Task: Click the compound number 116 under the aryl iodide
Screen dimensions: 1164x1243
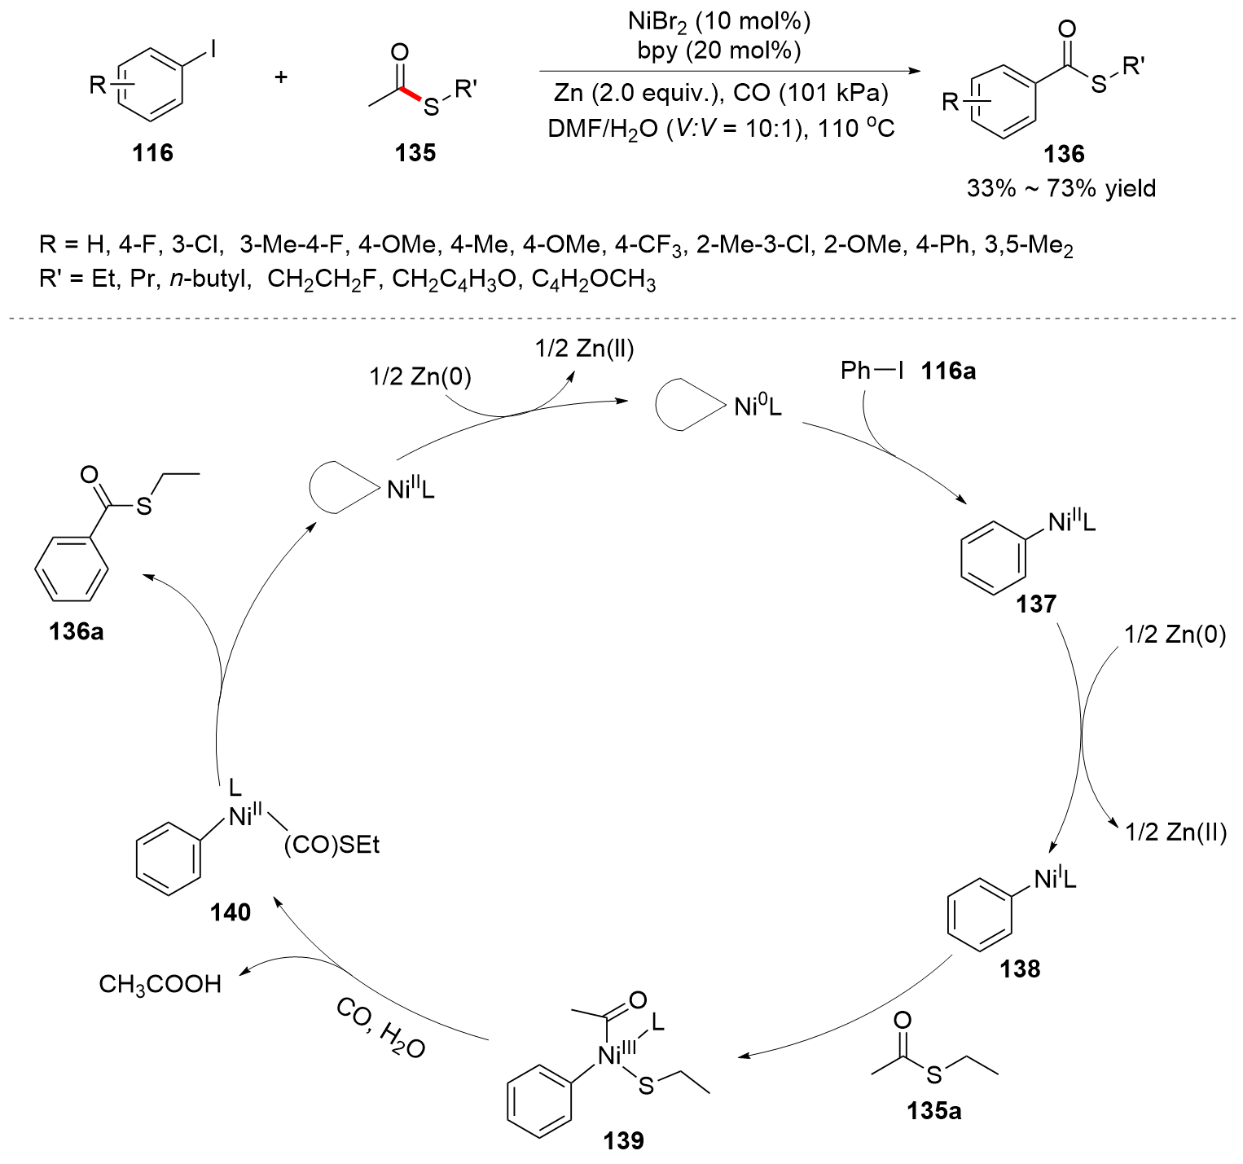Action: coord(153,152)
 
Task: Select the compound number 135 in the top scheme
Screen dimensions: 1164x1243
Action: coord(415,152)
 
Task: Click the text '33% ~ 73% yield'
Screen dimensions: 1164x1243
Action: coord(1061,189)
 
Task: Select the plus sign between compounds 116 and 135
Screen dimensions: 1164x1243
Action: coord(281,78)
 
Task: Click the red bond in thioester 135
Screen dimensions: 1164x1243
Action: coord(413,97)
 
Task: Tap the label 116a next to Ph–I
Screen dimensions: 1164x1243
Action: coord(948,372)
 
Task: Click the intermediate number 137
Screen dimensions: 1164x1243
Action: coord(1036,604)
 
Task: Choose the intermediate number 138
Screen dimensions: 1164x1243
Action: coord(1021,969)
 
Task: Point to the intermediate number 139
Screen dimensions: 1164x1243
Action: coord(624,1140)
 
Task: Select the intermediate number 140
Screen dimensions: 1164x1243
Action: coord(231,913)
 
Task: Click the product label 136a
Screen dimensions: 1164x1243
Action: coord(77,630)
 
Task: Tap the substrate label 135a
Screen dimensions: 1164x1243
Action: coord(933,1110)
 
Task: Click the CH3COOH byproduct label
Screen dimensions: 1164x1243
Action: coord(160,984)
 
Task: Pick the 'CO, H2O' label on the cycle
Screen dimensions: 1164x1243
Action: coord(380,1029)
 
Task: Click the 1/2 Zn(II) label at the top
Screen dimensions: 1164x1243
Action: coord(584,349)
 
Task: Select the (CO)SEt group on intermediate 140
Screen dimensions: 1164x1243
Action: coord(332,846)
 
